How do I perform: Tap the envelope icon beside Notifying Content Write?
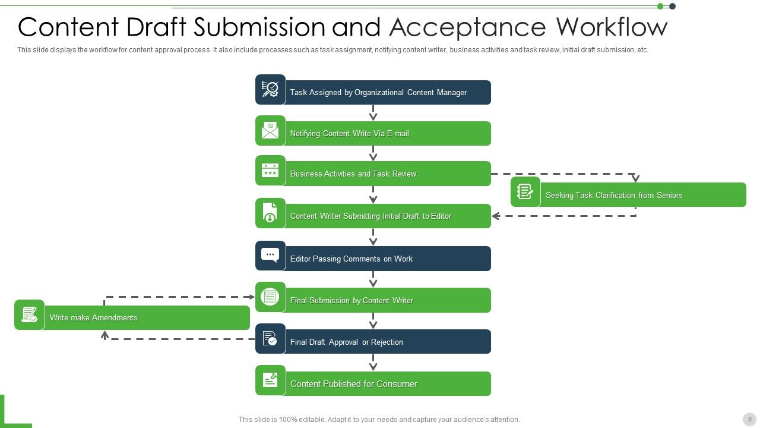(270, 131)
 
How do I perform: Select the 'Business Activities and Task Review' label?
(353, 174)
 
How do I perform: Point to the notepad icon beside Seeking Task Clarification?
(525, 191)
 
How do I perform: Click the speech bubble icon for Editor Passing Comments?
(270, 256)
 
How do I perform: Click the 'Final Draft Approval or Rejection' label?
(346, 342)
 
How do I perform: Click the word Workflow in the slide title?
(612, 27)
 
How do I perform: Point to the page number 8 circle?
(750, 419)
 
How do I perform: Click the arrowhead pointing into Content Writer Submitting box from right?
(496, 216)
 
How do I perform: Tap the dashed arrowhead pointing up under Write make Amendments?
(105, 335)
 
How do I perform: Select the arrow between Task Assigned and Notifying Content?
(373, 113)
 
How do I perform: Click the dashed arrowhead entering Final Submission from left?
(252, 297)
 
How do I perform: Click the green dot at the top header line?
(660, 7)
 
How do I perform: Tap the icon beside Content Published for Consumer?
(270, 380)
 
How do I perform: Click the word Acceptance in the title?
(468, 27)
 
